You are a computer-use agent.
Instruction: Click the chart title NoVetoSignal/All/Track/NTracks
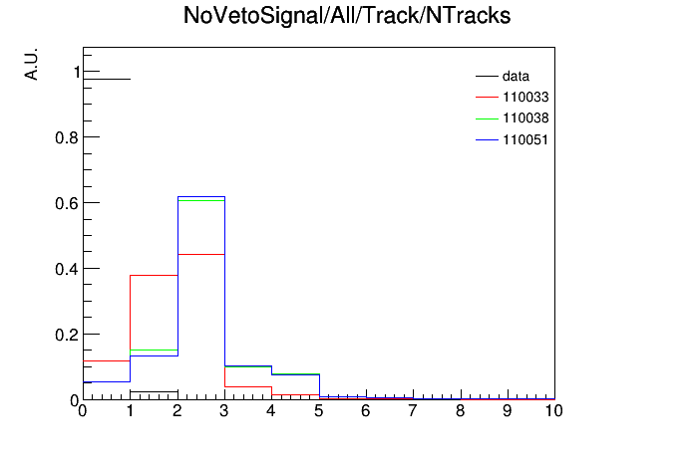pos(347,16)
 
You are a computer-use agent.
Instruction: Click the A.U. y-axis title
pos(32,64)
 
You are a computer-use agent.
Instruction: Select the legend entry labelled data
pos(503,76)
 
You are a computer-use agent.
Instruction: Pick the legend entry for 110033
pos(513,97)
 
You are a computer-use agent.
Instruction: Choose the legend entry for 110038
pos(513,118)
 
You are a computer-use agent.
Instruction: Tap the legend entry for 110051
pos(513,139)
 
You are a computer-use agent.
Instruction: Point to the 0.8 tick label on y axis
pos(67,138)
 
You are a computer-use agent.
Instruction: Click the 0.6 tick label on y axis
pos(67,203)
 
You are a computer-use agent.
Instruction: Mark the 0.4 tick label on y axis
pos(67,269)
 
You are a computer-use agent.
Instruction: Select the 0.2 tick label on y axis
pos(67,336)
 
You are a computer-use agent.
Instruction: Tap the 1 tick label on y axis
pos(77,72)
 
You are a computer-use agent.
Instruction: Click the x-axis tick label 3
pos(224,411)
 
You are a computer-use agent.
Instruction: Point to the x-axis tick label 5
pos(319,411)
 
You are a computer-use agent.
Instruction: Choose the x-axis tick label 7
pos(413,411)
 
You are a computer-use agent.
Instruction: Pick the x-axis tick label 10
pos(553,411)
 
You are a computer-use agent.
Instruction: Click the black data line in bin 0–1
pos(107,79)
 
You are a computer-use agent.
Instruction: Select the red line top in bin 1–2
pos(154,276)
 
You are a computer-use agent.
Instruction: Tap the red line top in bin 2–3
pos(201,254)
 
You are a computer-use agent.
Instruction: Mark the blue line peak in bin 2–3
pos(201,197)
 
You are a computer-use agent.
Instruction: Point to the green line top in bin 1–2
pos(154,351)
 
